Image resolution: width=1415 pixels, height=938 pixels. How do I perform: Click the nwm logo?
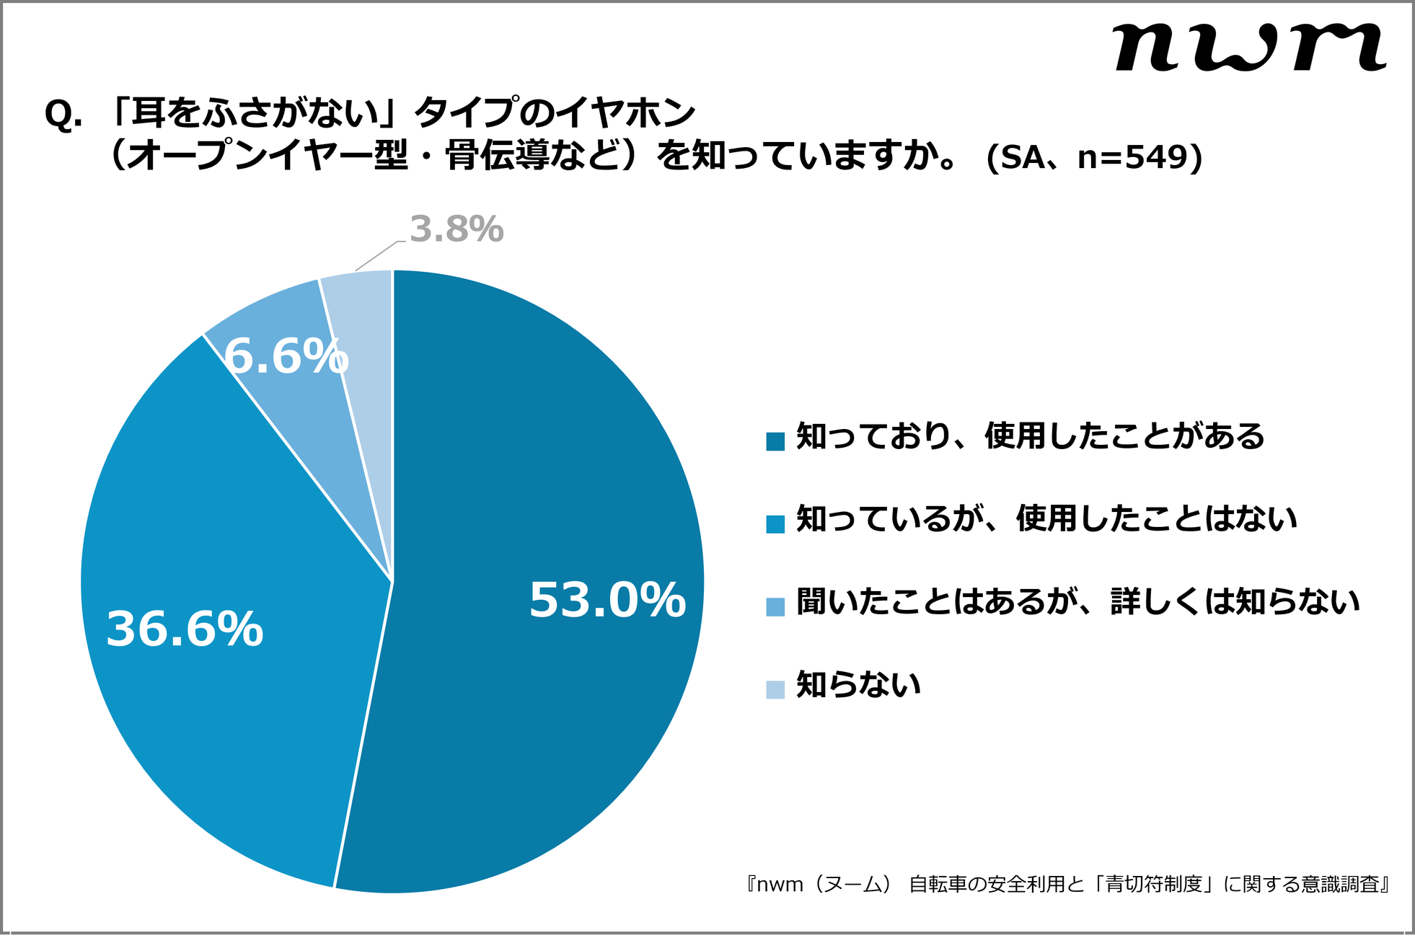click(1248, 48)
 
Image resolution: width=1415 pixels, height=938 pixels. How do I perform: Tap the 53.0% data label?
click(607, 600)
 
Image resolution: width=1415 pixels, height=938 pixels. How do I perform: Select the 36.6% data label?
click(185, 629)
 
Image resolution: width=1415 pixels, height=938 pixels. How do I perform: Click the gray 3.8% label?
click(456, 229)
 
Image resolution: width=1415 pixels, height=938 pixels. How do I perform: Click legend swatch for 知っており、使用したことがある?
click(775, 441)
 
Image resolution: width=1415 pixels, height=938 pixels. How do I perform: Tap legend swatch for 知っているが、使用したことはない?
click(775, 524)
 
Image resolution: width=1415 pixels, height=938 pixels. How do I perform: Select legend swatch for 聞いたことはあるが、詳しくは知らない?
click(775, 607)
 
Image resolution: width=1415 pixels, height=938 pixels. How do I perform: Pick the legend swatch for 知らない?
click(775, 690)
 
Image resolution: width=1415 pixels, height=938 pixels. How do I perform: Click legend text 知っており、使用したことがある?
click(1030, 437)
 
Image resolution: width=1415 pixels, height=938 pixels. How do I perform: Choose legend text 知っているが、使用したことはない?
click(1046, 519)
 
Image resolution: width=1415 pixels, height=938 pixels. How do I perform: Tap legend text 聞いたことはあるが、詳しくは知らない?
click(1077, 602)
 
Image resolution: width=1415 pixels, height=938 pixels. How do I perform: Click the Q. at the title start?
click(63, 114)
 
